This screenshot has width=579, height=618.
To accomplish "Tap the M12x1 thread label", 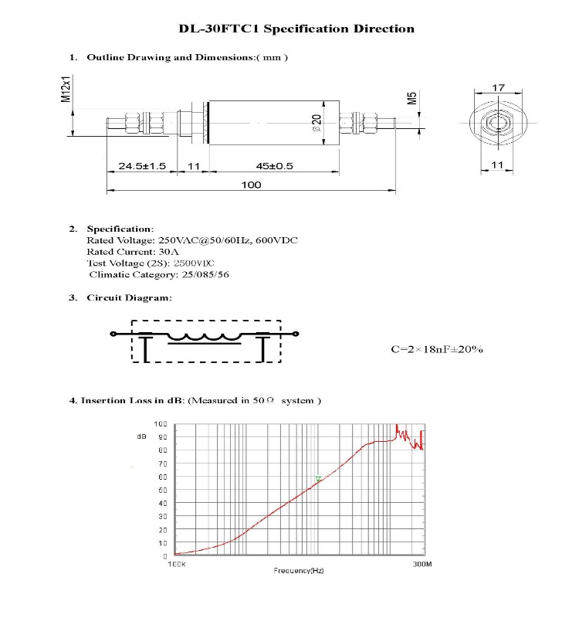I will click(x=66, y=89).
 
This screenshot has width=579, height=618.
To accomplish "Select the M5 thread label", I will click(x=412, y=98).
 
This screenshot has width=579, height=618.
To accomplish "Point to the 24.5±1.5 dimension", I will click(x=142, y=166).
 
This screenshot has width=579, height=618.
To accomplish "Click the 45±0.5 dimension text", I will click(x=274, y=166).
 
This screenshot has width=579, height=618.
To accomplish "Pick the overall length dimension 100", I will click(x=251, y=185).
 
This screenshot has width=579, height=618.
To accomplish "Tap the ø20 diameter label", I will click(x=317, y=123).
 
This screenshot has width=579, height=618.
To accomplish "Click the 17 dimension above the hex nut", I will click(x=498, y=88).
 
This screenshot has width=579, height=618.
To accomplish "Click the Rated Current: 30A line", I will click(x=133, y=252).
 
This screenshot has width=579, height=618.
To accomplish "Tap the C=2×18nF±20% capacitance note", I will click(x=436, y=349).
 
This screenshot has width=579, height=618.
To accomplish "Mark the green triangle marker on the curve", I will click(x=318, y=479).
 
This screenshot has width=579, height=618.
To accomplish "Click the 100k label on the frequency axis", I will click(x=177, y=565).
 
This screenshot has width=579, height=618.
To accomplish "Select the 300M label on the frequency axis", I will click(x=422, y=565).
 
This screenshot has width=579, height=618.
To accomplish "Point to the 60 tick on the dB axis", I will click(x=162, y=477).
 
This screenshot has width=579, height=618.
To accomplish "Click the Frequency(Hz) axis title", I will click(x=298, y=570).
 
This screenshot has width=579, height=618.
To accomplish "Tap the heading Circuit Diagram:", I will click(x=129, y=297).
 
